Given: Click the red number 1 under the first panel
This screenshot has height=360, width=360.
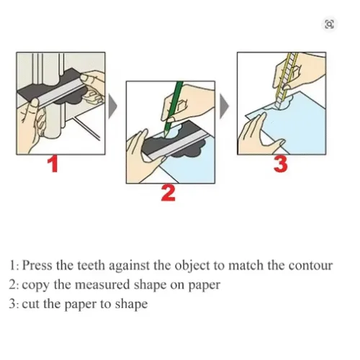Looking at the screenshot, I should tap(52, 164).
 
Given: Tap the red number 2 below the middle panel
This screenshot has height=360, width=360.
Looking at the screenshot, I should tap(167, 192).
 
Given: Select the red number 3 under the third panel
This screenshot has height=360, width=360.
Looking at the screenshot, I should tap(281, 163).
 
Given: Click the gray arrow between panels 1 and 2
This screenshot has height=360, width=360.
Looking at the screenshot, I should tap(113, 108).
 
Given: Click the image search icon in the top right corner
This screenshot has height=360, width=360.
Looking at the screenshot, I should tap(330, 24).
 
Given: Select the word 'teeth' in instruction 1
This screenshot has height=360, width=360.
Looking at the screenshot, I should tap(98, 266).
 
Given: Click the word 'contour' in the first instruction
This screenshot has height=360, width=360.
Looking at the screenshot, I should tap(310, 266).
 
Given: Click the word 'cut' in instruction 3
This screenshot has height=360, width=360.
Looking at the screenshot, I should tap(30, 304).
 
